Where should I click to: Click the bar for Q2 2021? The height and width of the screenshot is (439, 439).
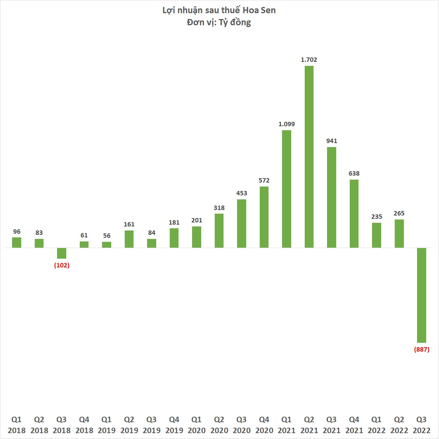pos(309,157)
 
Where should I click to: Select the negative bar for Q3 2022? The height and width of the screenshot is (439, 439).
pos(422,295)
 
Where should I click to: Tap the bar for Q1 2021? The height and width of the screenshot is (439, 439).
pos(287,189)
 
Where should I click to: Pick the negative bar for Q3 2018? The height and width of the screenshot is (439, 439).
pos(61,253)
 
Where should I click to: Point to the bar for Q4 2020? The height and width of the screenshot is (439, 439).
pos(264,217)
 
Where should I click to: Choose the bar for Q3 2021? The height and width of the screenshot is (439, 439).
pos(331,197)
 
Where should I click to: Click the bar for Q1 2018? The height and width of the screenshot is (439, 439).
pos(17,243)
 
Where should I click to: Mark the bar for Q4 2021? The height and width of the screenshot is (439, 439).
pos(354,214)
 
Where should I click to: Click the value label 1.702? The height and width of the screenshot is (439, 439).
pos(309,60)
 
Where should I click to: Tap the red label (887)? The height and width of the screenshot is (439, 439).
pos(422,349)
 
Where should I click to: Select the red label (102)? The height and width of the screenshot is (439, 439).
pos(61,265)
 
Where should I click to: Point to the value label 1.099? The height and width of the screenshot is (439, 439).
pos(287,124)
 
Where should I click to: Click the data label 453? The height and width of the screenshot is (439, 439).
pos(242,193)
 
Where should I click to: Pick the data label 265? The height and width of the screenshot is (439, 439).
pos(399,213)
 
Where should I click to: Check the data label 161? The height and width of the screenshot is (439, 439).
pos(129,224)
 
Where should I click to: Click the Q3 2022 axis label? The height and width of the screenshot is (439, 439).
pos(421,425)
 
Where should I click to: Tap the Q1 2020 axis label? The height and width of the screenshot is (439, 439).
pos(196,425)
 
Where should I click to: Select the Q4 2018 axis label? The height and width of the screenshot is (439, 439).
pos(84,425)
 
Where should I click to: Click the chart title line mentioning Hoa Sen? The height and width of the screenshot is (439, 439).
pos(219,10)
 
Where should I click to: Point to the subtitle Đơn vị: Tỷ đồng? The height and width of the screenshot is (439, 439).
pos(219,22)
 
